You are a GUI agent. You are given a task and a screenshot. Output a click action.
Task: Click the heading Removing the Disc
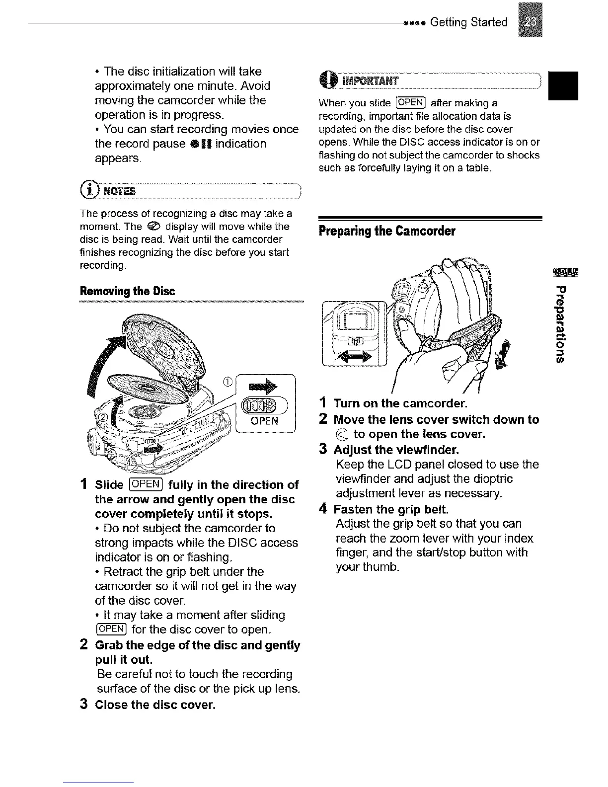click(127, 291)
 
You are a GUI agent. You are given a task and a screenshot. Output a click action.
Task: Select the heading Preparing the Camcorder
click(387, 231)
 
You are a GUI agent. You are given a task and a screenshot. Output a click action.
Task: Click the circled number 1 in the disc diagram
click(228, 382)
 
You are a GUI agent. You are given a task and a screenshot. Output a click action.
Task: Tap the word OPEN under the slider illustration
click(265, 421)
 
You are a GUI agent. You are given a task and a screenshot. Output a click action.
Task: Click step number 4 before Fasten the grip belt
click(323, 510)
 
